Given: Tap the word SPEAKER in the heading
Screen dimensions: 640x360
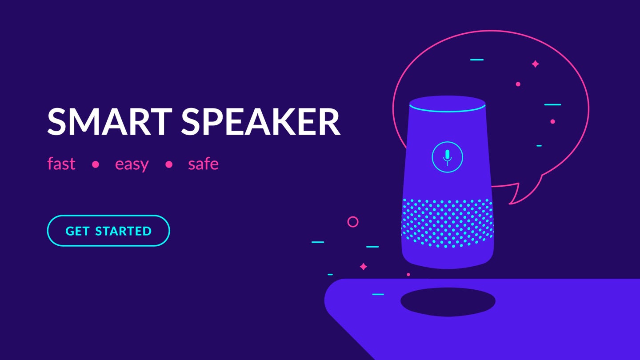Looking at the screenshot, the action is [x=261, y=121].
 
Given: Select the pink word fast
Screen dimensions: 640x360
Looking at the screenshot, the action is [x=61, y=164].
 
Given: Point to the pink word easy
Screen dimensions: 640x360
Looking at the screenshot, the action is [x=132, y=164].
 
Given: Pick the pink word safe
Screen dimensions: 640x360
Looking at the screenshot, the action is [x=203, y=164].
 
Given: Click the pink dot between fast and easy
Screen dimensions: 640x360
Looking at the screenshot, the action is [x=96, y=164].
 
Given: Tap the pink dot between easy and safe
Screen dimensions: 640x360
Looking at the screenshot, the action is [x=169, y=164].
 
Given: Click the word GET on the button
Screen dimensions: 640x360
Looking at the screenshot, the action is [x=77, y=231].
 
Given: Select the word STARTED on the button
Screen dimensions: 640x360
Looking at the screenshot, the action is [x=123, y=231].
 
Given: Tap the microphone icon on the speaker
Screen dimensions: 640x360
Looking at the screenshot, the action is [x=448, y=157].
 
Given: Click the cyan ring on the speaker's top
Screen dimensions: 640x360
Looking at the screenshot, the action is [x=448, y=108].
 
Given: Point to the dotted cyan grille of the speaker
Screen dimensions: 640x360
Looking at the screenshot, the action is [x=448, y=223].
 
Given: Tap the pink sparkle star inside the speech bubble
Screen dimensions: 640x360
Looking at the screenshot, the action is [x=536, y=64].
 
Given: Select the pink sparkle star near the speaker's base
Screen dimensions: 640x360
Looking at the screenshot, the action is [x=364, y=267].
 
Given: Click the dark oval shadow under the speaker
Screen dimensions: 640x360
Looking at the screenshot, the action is [x=448, y=302].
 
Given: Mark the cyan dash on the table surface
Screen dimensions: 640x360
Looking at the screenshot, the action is [x=378, y=294].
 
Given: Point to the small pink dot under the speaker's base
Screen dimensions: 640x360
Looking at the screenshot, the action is [x=408, y=275].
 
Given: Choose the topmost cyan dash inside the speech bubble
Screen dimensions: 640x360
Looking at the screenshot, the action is [x=477, y=60].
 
